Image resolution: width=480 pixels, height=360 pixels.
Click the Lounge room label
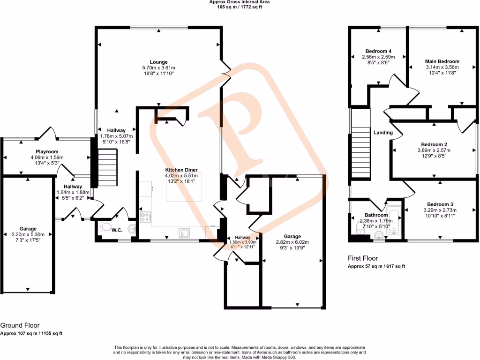coord(158,62)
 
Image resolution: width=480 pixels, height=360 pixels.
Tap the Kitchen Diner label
coord(181,170)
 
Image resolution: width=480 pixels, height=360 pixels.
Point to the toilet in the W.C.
coord(105,228)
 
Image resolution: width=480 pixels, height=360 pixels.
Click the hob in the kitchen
coord(145,217)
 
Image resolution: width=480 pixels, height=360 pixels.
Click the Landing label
coord(383,133)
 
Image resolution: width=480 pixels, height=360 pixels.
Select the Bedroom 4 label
coord(378,51)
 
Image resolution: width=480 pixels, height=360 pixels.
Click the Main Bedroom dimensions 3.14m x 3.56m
coord(442,67)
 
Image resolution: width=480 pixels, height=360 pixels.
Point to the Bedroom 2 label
coord(434,144)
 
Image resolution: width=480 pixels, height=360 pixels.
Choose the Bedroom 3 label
coord(440,204)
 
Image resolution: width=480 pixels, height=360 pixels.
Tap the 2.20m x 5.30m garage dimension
coord(28,234)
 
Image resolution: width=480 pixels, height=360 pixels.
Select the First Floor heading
coord(363,258)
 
